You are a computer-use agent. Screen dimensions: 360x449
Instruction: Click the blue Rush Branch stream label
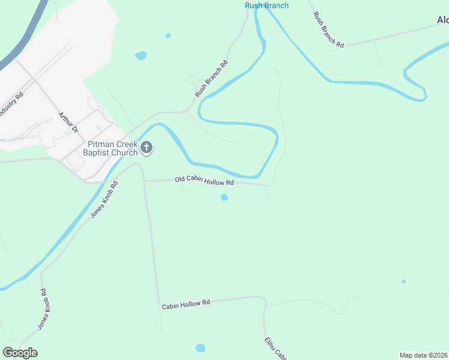267,5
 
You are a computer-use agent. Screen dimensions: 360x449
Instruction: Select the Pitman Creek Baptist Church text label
112,148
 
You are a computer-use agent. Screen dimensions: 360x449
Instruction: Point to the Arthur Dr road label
68,121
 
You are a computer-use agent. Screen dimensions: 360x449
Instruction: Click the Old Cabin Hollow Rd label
204,180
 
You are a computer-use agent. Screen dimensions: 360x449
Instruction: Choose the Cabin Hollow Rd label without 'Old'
185,304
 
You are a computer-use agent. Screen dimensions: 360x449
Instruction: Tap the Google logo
20,353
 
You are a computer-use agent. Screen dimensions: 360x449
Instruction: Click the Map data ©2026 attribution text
423,355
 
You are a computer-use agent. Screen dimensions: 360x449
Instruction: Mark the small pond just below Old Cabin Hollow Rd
224,197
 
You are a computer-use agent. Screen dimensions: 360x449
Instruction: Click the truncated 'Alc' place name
442,20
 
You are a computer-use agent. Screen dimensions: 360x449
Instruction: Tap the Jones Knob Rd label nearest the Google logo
43,309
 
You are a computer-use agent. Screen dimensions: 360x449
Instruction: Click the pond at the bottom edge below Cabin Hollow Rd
200,348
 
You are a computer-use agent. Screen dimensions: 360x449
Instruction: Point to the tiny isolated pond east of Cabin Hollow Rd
403,281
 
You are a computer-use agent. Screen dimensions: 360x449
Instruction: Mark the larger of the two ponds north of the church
140,56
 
